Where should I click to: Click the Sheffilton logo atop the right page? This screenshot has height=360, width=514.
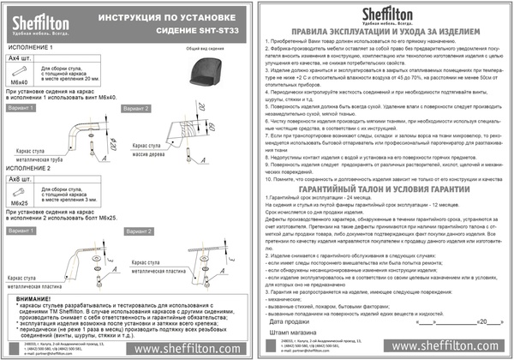(x=385, y=13)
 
